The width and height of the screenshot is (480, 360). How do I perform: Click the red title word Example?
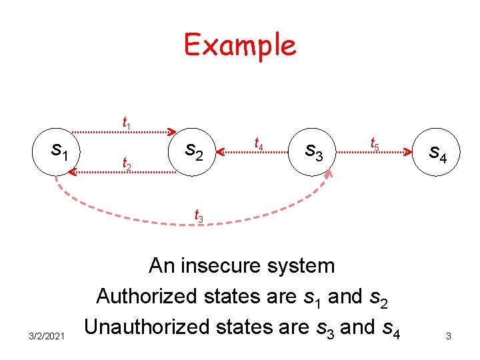point(240,45)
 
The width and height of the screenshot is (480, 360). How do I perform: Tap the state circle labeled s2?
point(193,151)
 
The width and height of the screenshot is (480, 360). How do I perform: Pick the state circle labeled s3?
point(313,151)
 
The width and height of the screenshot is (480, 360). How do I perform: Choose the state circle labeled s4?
point(437,153)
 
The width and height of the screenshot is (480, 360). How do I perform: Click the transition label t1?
point(126,123)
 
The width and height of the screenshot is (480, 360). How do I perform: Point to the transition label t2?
point(125,162)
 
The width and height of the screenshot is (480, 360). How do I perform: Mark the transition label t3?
point(199,215)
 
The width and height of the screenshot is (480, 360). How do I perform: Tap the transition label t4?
point(259,142)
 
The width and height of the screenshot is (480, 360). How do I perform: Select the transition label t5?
point(375,143)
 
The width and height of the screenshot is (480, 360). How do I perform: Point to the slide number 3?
point(449,336)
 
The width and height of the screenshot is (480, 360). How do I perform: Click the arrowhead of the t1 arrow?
point(171,131)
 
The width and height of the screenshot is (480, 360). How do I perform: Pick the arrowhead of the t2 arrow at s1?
point(72,172)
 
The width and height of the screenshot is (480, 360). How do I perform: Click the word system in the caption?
point(307,265)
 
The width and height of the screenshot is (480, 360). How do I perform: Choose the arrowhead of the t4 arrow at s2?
point(223,153)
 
